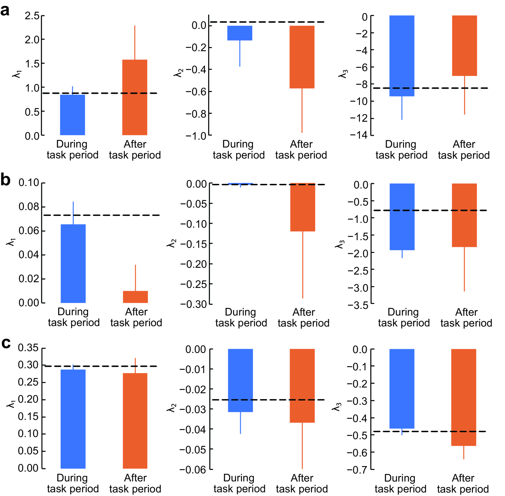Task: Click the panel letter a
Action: pyautogui.click(x=5, y=11)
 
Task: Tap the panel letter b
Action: pyautogui.click(x=5, y=180)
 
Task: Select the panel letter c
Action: pyautogui.click(x=5, y=343)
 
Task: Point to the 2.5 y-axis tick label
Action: pyautogui.click(x=32, y=16)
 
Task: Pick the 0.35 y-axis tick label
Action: pyautogui.click(x=28, y=348)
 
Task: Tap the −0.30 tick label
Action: pyautogui.click(x=194, y=304)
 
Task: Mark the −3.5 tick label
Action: pyautogui.click(x=358, y=305)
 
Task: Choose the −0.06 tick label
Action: pyautogui.click(x=193, y=470)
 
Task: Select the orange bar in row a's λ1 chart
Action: pyautogui.click(x=135, y=97)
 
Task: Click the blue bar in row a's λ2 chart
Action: pyautogui.click(x=239, y=33)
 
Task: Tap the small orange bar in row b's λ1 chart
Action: pyautogui.click(x=135, y=297)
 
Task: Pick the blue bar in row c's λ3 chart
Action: pyautogui.click(x=402, y=388)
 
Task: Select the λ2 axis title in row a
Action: pyautogui.click(x=178, y=73)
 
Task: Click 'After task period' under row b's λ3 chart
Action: pyautogui.click(x=466, y=317)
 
